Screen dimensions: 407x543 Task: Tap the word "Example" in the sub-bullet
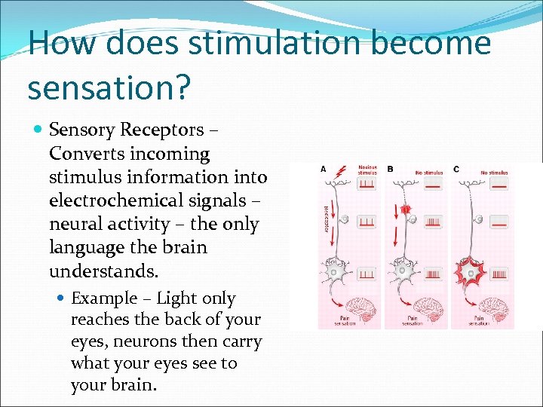104,298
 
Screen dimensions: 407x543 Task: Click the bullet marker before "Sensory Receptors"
38,130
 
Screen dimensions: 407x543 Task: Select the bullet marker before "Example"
61,298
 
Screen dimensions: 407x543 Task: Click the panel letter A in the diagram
324,169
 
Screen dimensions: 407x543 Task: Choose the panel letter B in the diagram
390,169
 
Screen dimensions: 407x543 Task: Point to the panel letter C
456,169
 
